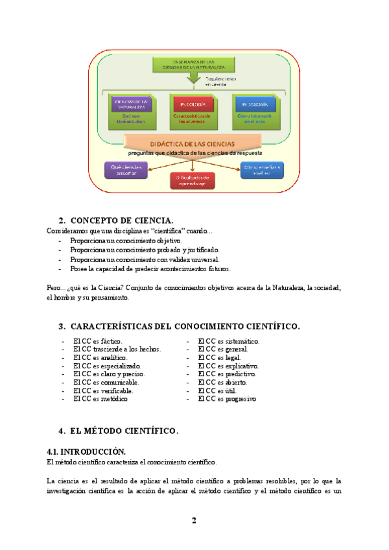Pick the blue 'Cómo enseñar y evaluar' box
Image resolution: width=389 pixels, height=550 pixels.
(x=261, y=170)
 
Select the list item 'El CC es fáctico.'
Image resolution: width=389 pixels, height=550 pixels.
(x=97, y=341)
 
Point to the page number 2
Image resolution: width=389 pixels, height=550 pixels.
(x=194, y=521)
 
